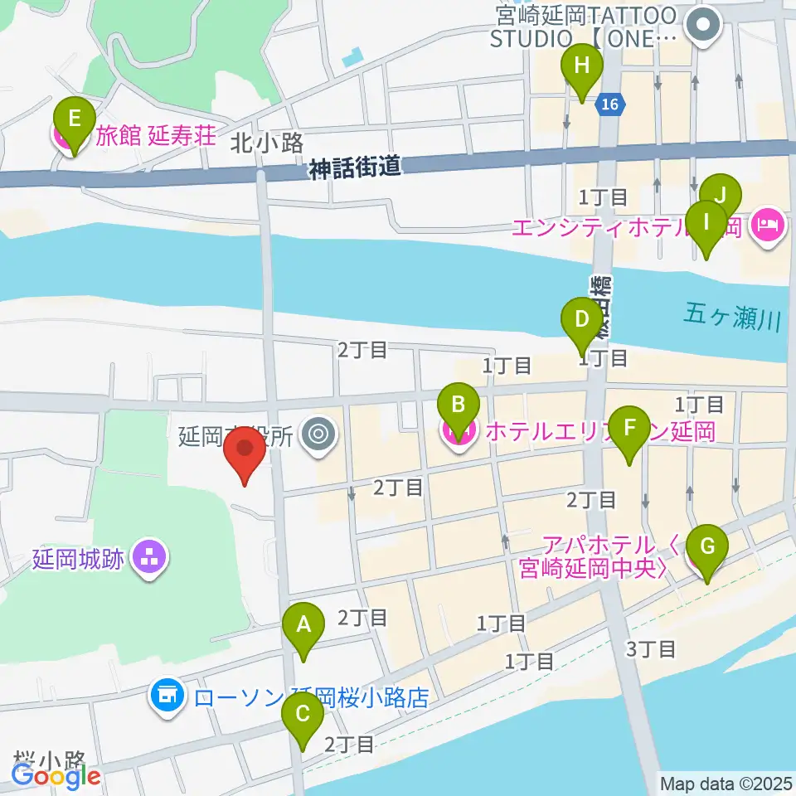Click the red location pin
pos(245,452)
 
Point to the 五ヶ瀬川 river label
pos(734,316)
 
